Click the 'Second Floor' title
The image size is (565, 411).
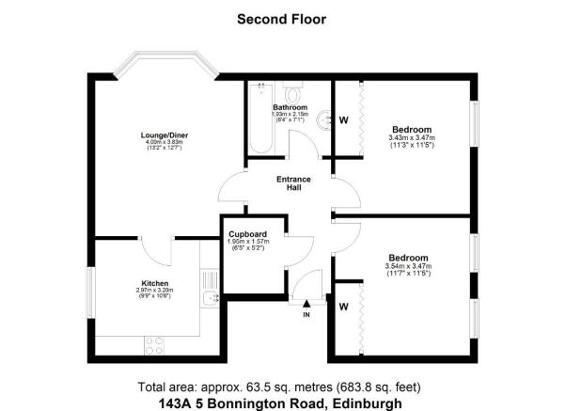[281, 18]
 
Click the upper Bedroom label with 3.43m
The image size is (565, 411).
[411, 129]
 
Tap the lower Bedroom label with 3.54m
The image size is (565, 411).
[408, 258]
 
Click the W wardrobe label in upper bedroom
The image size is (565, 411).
[343, 119]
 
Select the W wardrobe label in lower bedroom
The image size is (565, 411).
[343, 306]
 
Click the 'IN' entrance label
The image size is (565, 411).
[306, 314]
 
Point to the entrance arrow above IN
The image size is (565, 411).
[306, 303]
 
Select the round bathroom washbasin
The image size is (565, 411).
[325, 119]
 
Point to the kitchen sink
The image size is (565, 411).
[209, 299]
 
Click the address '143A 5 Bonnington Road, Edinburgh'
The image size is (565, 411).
[282, 402]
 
